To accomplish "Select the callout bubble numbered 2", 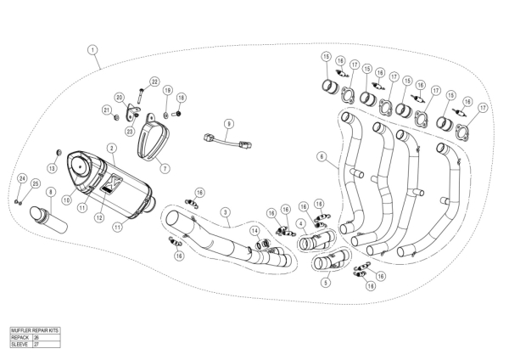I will (111, 148).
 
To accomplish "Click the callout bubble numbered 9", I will (228, 124).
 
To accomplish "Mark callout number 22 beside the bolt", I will (154, 82).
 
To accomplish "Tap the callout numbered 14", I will (255, 230).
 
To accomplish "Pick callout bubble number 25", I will (35, 183).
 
